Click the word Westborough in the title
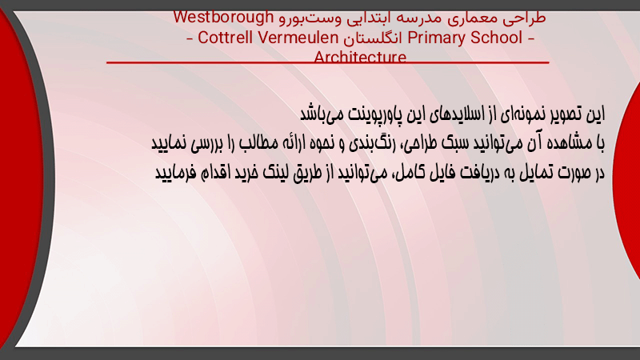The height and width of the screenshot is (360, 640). [x=223, y=18]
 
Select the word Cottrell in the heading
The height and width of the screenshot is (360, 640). [x=226, y=38]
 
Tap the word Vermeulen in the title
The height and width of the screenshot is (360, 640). [x=298, y=38]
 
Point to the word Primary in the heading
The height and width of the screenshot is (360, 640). [x=436, y=38]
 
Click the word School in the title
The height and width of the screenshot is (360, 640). [x=496, y=38]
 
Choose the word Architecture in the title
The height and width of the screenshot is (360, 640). [x=360, y=57]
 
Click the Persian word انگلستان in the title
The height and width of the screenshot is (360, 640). [x=373, y=38]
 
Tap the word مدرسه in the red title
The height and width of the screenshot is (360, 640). [x=411, y=18]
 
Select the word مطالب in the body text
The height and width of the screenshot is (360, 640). [x=254, y=143]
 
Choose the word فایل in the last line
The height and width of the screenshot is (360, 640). [x=444, y=172]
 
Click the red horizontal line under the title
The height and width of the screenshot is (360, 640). [x=328, y=62]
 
